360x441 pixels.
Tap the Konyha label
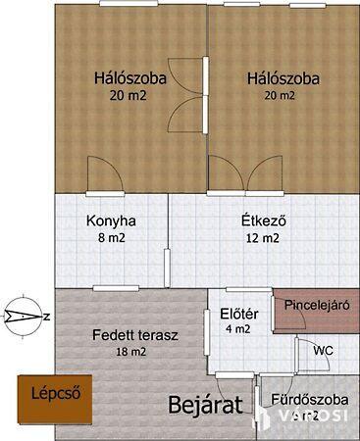point(110,220)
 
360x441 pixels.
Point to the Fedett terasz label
point(135,334)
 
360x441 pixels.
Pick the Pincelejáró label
point(316,305)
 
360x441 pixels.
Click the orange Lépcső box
point(54,396)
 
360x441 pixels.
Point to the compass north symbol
point(26,315)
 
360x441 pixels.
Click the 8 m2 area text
point(110,238)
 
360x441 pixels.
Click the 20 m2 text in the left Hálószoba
point(128,96)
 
